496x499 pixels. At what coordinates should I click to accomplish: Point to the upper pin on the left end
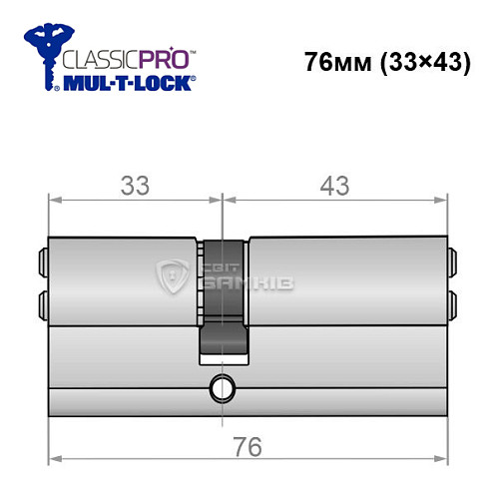43,261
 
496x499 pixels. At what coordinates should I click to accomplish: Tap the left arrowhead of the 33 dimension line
56,200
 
